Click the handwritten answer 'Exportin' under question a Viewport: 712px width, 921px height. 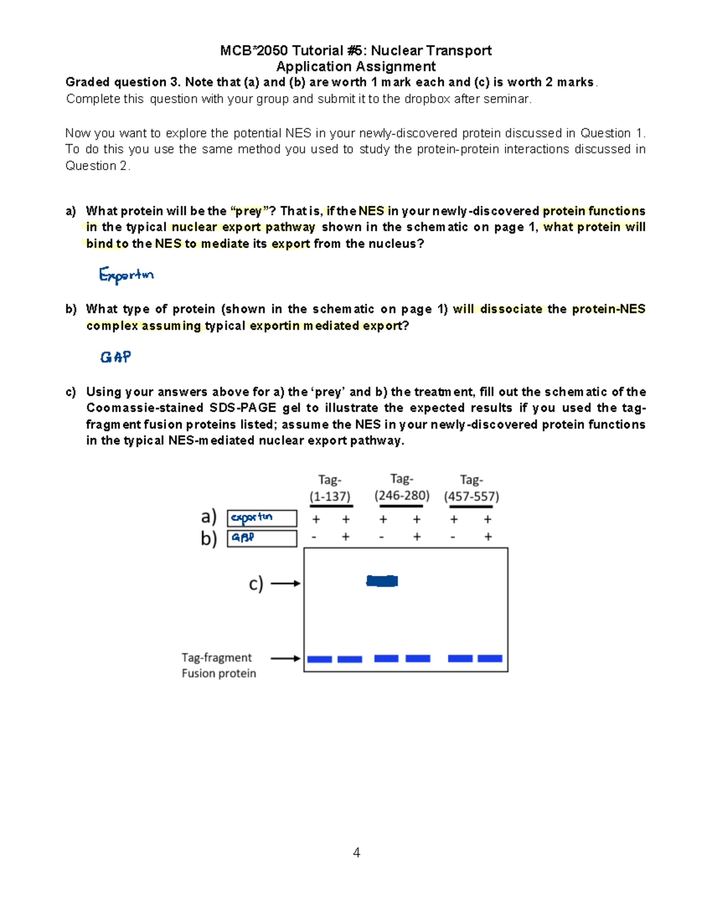[126, 275]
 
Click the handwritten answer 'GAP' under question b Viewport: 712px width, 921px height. [115, 357]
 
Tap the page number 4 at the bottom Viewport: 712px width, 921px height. [356, 853]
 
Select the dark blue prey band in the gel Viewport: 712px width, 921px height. [382, 581]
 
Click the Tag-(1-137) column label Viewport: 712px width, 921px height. [330, 488]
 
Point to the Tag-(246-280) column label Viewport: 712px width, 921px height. [402, 487]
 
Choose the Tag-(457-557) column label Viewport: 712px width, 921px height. [472, 488]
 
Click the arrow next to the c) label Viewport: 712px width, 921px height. [285, 584]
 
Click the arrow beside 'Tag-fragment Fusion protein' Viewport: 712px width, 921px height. [285, 658]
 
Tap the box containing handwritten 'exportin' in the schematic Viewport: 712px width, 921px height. [262, 518]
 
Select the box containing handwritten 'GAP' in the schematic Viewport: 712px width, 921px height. [262, 538]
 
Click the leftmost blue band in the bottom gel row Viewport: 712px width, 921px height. [319, 659]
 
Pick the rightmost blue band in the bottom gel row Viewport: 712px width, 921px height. [490, 659]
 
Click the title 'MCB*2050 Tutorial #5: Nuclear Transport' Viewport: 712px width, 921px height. [355, 50]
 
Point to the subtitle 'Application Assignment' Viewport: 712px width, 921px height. [355, 66]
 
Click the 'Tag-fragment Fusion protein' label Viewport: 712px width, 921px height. [218, 665]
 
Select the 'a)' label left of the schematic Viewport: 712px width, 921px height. [209, 517]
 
